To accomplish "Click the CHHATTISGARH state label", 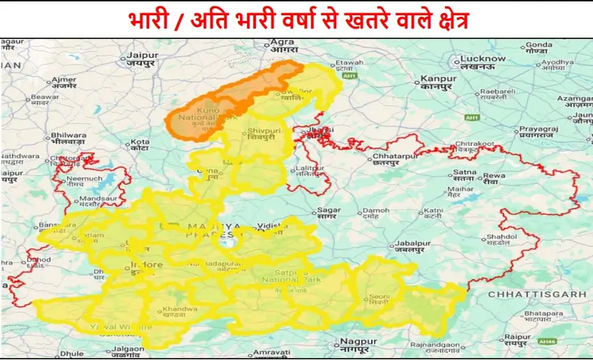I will [x=537, y=294].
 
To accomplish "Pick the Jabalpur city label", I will [x=410, y=243].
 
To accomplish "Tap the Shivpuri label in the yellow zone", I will [x=262, y=133].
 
